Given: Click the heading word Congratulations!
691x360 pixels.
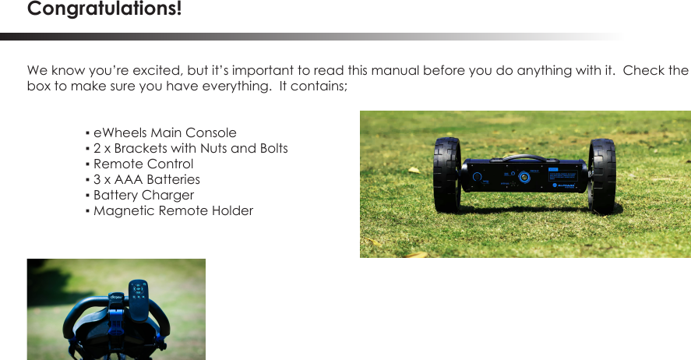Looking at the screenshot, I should click(104, 10).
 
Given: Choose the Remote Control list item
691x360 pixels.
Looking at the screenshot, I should click(143, 164).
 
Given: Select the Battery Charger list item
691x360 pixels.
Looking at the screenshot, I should click(143, 196).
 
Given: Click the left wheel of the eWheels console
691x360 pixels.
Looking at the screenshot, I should click(447, 175).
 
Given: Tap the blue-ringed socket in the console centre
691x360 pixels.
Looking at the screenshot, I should click(526, 177).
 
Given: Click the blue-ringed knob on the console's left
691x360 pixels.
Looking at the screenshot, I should click(476, 177).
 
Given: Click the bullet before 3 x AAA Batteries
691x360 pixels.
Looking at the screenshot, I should click(88, 180).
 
